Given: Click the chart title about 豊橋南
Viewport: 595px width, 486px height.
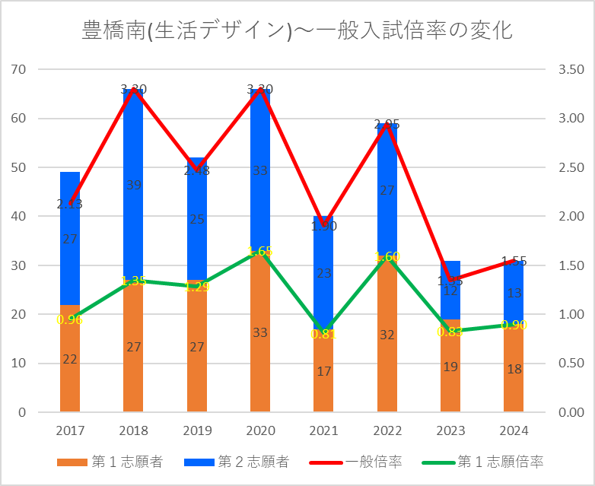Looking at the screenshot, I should click(297, 30).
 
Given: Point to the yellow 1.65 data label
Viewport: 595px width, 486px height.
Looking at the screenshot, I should click(260, 251).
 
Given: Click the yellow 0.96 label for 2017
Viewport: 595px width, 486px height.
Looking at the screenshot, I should click(69, 319).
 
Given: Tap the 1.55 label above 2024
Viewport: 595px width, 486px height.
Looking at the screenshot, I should click(514, 261).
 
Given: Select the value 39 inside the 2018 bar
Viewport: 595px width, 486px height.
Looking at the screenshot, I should click(133, 185).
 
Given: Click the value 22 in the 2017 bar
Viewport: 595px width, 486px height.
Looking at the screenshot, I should click(69, 359).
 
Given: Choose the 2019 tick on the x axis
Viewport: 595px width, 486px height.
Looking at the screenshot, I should click(197, 431).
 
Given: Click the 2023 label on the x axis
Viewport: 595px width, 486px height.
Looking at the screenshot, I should click(450, 431).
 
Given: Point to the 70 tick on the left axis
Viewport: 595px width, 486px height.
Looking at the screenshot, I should click(19, 69).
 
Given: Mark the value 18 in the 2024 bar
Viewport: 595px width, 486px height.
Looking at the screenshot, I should click(514, 369).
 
